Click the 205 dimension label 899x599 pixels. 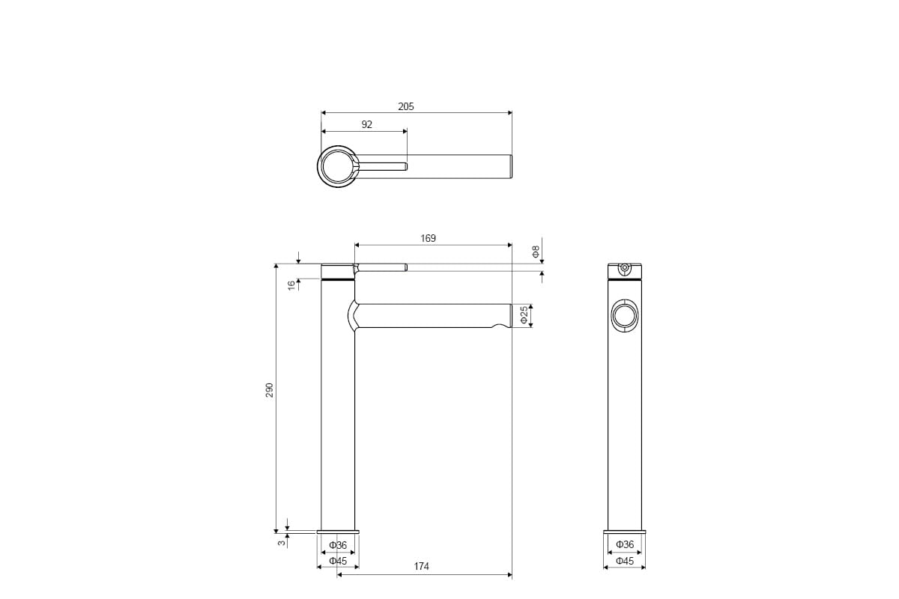406,106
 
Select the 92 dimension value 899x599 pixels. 367,125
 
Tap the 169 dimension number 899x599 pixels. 428,238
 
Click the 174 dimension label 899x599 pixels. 421,566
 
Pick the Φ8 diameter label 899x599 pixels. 536,252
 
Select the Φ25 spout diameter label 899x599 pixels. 524,315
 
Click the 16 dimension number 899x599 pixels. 291,285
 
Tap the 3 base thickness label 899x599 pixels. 282,542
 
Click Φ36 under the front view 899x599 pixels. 338,545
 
